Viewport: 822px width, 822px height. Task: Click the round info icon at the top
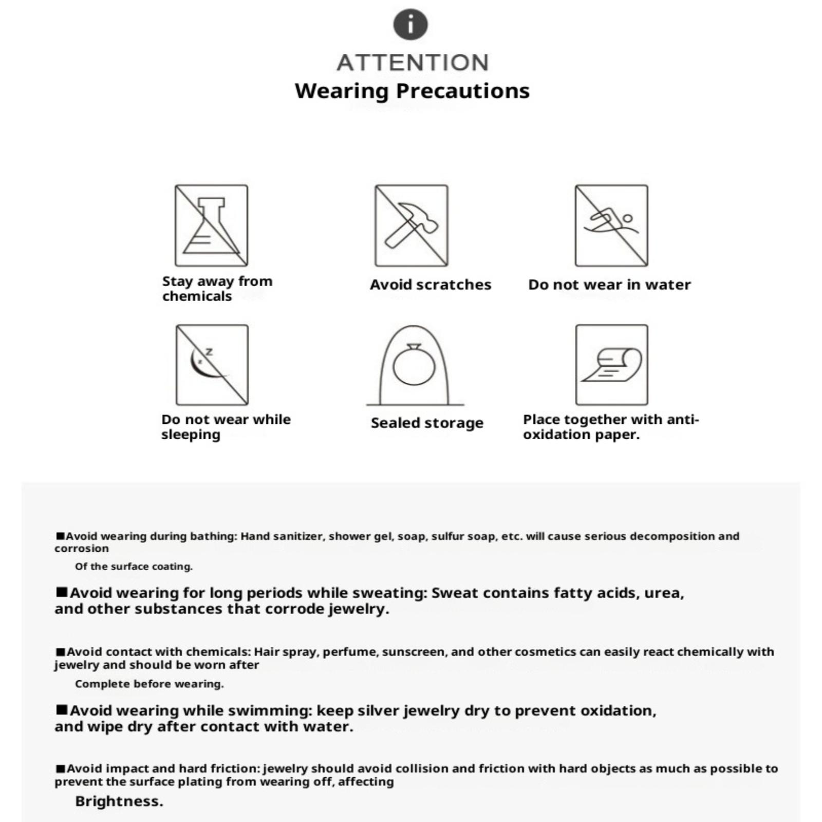coord(410,25)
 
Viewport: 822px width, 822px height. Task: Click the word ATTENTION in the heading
coord(413,63)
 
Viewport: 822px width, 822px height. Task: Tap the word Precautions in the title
coord(463,91)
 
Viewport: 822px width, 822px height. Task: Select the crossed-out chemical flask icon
coord(211,226)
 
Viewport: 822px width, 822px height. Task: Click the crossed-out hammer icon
coord(411,226)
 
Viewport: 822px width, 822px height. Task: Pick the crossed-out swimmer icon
coord(611,226)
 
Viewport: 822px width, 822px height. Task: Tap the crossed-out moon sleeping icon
coord(212,365)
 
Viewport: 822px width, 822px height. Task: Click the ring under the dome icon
coord(414,366)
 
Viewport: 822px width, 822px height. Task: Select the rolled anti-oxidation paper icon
coord(611,365)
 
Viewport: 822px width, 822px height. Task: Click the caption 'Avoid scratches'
coord(431,285)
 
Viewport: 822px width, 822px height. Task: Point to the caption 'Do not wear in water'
coord(609,285)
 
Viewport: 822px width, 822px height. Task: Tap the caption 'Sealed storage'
coord(427,423)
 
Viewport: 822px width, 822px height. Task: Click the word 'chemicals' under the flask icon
coord(197,296)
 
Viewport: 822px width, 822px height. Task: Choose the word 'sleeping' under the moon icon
coord(191,435)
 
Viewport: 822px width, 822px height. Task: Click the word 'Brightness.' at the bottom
coord(119,801)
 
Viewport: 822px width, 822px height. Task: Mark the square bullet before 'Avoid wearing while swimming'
coord(62,710)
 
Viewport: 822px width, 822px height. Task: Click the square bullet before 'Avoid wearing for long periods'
coord(62,592)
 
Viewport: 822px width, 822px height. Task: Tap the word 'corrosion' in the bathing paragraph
coord(82,549)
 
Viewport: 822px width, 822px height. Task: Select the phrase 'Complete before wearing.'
coord(149,684)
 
